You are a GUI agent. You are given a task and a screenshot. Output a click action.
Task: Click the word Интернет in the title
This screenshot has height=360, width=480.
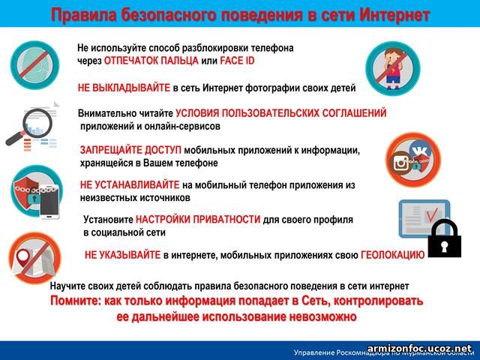pyautogui.click(x=394, y=15)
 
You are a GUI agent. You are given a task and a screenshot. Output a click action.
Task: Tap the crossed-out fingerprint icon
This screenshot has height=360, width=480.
pyautogui.click(x=35, y=65)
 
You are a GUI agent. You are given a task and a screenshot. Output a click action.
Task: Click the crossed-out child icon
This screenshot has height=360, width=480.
pyautogui.click(x=393, y=68)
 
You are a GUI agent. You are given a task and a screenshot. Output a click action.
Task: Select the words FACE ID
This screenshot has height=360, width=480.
pyautogui.click(x=237, y=61)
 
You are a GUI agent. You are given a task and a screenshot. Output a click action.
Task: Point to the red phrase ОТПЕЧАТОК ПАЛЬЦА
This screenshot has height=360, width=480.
pyautogui.click(x=151, y=61)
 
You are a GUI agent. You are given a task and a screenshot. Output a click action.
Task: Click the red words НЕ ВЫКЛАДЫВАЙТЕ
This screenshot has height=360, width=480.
pyautogui.click(x=124, y=88)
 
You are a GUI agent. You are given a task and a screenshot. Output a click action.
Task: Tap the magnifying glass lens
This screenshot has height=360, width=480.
pyautogui.click(x=37, y=123)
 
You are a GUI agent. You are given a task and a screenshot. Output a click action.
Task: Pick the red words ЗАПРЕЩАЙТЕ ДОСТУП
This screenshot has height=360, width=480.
pyautogui.click(x=130, y=150)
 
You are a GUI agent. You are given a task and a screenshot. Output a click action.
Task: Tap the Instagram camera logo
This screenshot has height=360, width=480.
pyautogui.click(x=401, y=163)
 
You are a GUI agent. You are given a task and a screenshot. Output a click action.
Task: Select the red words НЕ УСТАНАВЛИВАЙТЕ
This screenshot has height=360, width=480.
pyautogui.click(x=130, y=185)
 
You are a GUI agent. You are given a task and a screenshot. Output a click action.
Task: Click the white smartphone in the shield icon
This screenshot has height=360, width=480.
pyautogui.click(x=49, y=202)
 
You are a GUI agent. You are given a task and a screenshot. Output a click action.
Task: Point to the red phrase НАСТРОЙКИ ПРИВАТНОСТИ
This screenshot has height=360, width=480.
pyautogui.click(x=198, y=220)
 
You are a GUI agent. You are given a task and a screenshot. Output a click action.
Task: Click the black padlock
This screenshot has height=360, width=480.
pyautogui.click(x=445, y=238)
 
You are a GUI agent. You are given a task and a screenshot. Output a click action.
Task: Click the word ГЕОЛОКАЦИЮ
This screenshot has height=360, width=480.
pyautogui.click(x=393, y=255)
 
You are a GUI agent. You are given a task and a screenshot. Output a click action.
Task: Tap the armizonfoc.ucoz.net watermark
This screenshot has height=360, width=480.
pyautogui.click(x=419, y=348)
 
